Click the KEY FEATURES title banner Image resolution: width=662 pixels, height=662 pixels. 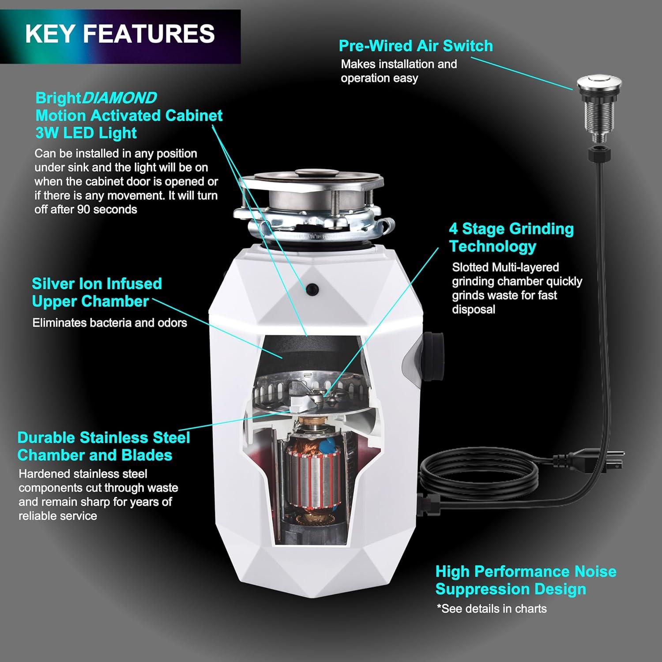coord(120,37)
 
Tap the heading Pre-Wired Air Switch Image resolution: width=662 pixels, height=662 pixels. coord(416,46)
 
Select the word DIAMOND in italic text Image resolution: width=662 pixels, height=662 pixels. coord(119,98)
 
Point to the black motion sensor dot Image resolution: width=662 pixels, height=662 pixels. coord(312,289)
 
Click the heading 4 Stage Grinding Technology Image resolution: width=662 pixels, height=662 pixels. coord(512,237)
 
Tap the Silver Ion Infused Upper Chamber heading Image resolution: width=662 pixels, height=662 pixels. coord(97,292)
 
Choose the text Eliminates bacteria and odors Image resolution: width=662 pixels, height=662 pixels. coord(110,323)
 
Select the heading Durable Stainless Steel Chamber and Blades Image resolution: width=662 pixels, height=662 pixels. coord(104,446)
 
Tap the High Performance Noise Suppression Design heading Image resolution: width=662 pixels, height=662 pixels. coord(526,580)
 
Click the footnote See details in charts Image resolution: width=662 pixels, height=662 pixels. coord(492,609)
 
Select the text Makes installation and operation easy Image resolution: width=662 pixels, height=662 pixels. coord(399,71)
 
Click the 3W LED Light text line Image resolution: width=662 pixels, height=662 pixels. coord(86,133)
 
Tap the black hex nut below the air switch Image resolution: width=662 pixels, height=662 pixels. coord(599,154)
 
